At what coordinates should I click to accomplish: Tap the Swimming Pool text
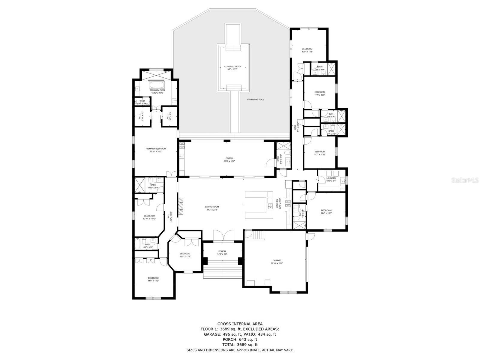click(256, 100)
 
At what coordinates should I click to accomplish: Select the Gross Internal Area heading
click(240, 324)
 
